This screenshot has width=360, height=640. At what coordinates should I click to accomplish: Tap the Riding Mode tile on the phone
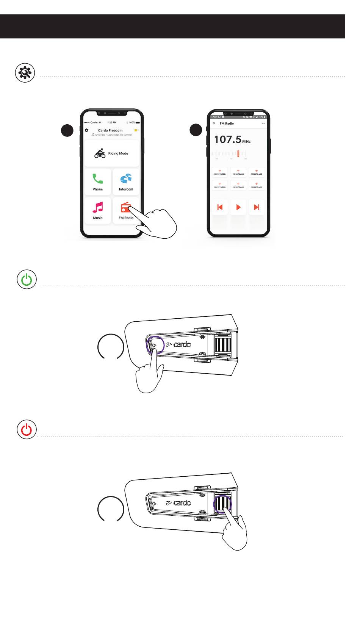(x=112, y=153)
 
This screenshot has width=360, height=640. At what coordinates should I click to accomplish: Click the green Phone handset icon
(x=98, y=178)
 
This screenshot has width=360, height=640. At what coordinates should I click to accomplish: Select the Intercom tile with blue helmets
(x=126, y=182)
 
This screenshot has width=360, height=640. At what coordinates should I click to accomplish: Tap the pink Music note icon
(x=98, y=207)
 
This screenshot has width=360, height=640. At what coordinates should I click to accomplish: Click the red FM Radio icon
(x=126, y=207)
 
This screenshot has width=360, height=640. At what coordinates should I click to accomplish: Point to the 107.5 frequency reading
(x=227, y=139)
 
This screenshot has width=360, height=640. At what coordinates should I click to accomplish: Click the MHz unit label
(x=246, y=142)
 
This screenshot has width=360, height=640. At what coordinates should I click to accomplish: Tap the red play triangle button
(x=238, y=207)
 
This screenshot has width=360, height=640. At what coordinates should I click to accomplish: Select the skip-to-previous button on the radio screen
(x=220, y=207)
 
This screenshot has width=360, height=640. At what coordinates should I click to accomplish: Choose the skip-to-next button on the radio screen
(x=257, y=207)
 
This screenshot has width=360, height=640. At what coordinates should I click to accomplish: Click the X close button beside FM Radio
(x=214, y=124)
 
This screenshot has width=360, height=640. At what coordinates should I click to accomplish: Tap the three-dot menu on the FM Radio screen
(x=263, y=124)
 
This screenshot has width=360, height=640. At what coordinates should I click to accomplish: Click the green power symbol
(x=27, y=280)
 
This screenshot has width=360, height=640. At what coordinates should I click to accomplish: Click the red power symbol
(x=27, y=430)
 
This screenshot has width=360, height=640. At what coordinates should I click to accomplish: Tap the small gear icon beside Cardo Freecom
(x=87, y=130)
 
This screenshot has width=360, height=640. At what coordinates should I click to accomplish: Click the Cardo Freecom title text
(x=110, y=130)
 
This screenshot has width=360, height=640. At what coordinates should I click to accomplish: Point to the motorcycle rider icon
(x=100, y=153)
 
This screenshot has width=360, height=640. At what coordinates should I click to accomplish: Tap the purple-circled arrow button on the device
(x=155, y=345)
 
